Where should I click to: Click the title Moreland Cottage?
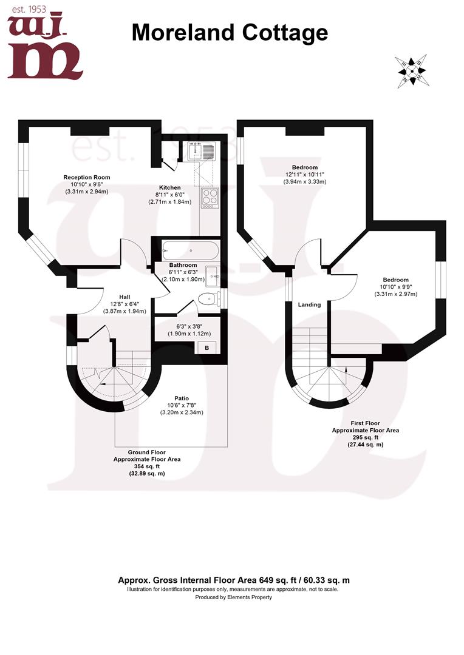pyautogui.click(x=230, y=32)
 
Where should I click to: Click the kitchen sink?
pyautogui.click(x=201, y=150)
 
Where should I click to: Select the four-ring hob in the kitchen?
pyautogui.click(x=210, y=196)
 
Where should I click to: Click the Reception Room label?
pyautogui.click(x=87, y=177)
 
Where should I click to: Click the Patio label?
pyautogui.click(x=180, y=398)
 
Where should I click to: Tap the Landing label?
pyautogui.click(x=309, y=304)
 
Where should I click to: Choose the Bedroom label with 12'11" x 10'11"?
pyautogui.click(x=304, y=167)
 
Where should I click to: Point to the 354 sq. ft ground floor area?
pyautogui.click(x=146, y=466)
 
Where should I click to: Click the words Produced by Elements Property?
pyautogui.click(x=233, y=597)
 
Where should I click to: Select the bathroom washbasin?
pyautogui.click(x=213, y=276)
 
